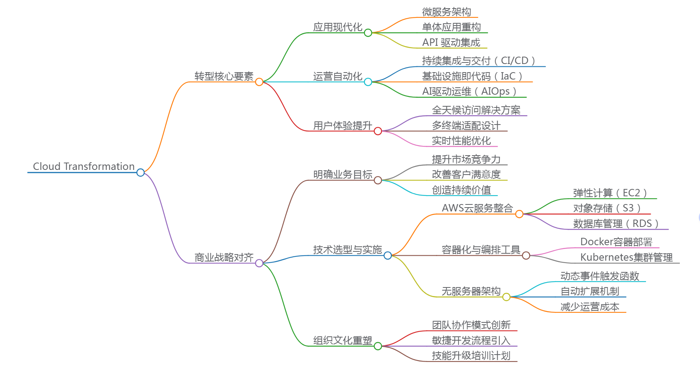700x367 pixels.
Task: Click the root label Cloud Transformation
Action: (x=83, y=166)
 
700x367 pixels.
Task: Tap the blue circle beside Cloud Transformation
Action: (x=141, y=172)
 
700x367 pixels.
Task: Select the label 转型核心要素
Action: (x=224, y=76)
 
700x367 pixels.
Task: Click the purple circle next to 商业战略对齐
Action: (x=259, y=263)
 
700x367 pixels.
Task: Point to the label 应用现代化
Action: (x=337, y=27)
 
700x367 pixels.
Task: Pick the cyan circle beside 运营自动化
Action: (x=368, y=82)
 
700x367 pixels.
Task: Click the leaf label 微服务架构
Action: (x=446, y=12)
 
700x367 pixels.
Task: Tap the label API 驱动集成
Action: (x=451, y=42)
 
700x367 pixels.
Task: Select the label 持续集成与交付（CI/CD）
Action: (x=479, y=61)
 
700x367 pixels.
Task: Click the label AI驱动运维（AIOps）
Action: (x=469, y=92)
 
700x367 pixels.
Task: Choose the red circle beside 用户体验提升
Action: (x=378, y=131)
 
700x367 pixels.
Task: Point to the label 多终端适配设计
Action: (x=466, y=126)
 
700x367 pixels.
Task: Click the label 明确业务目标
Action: (x=342, y=175)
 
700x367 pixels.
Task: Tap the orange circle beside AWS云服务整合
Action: (x=519, y=214)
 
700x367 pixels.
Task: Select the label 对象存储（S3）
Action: (x=607, y=208)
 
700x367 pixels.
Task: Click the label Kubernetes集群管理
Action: (x=626, y=257)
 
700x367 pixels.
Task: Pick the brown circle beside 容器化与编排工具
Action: (x=526, y=255)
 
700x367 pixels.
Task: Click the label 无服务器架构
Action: (x=471, y=291)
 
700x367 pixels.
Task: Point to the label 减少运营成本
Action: (x=590, y=307)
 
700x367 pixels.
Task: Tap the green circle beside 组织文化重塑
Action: (x=378, y=346)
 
